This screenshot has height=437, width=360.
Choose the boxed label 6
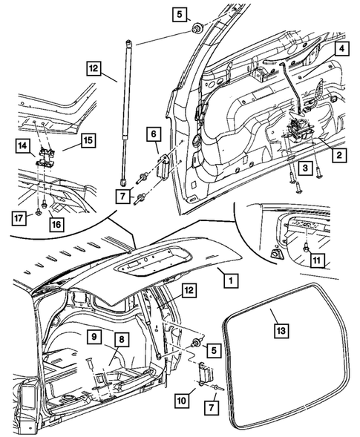(x=153, y=134)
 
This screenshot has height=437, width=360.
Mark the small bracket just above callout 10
(x=205, y=373)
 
